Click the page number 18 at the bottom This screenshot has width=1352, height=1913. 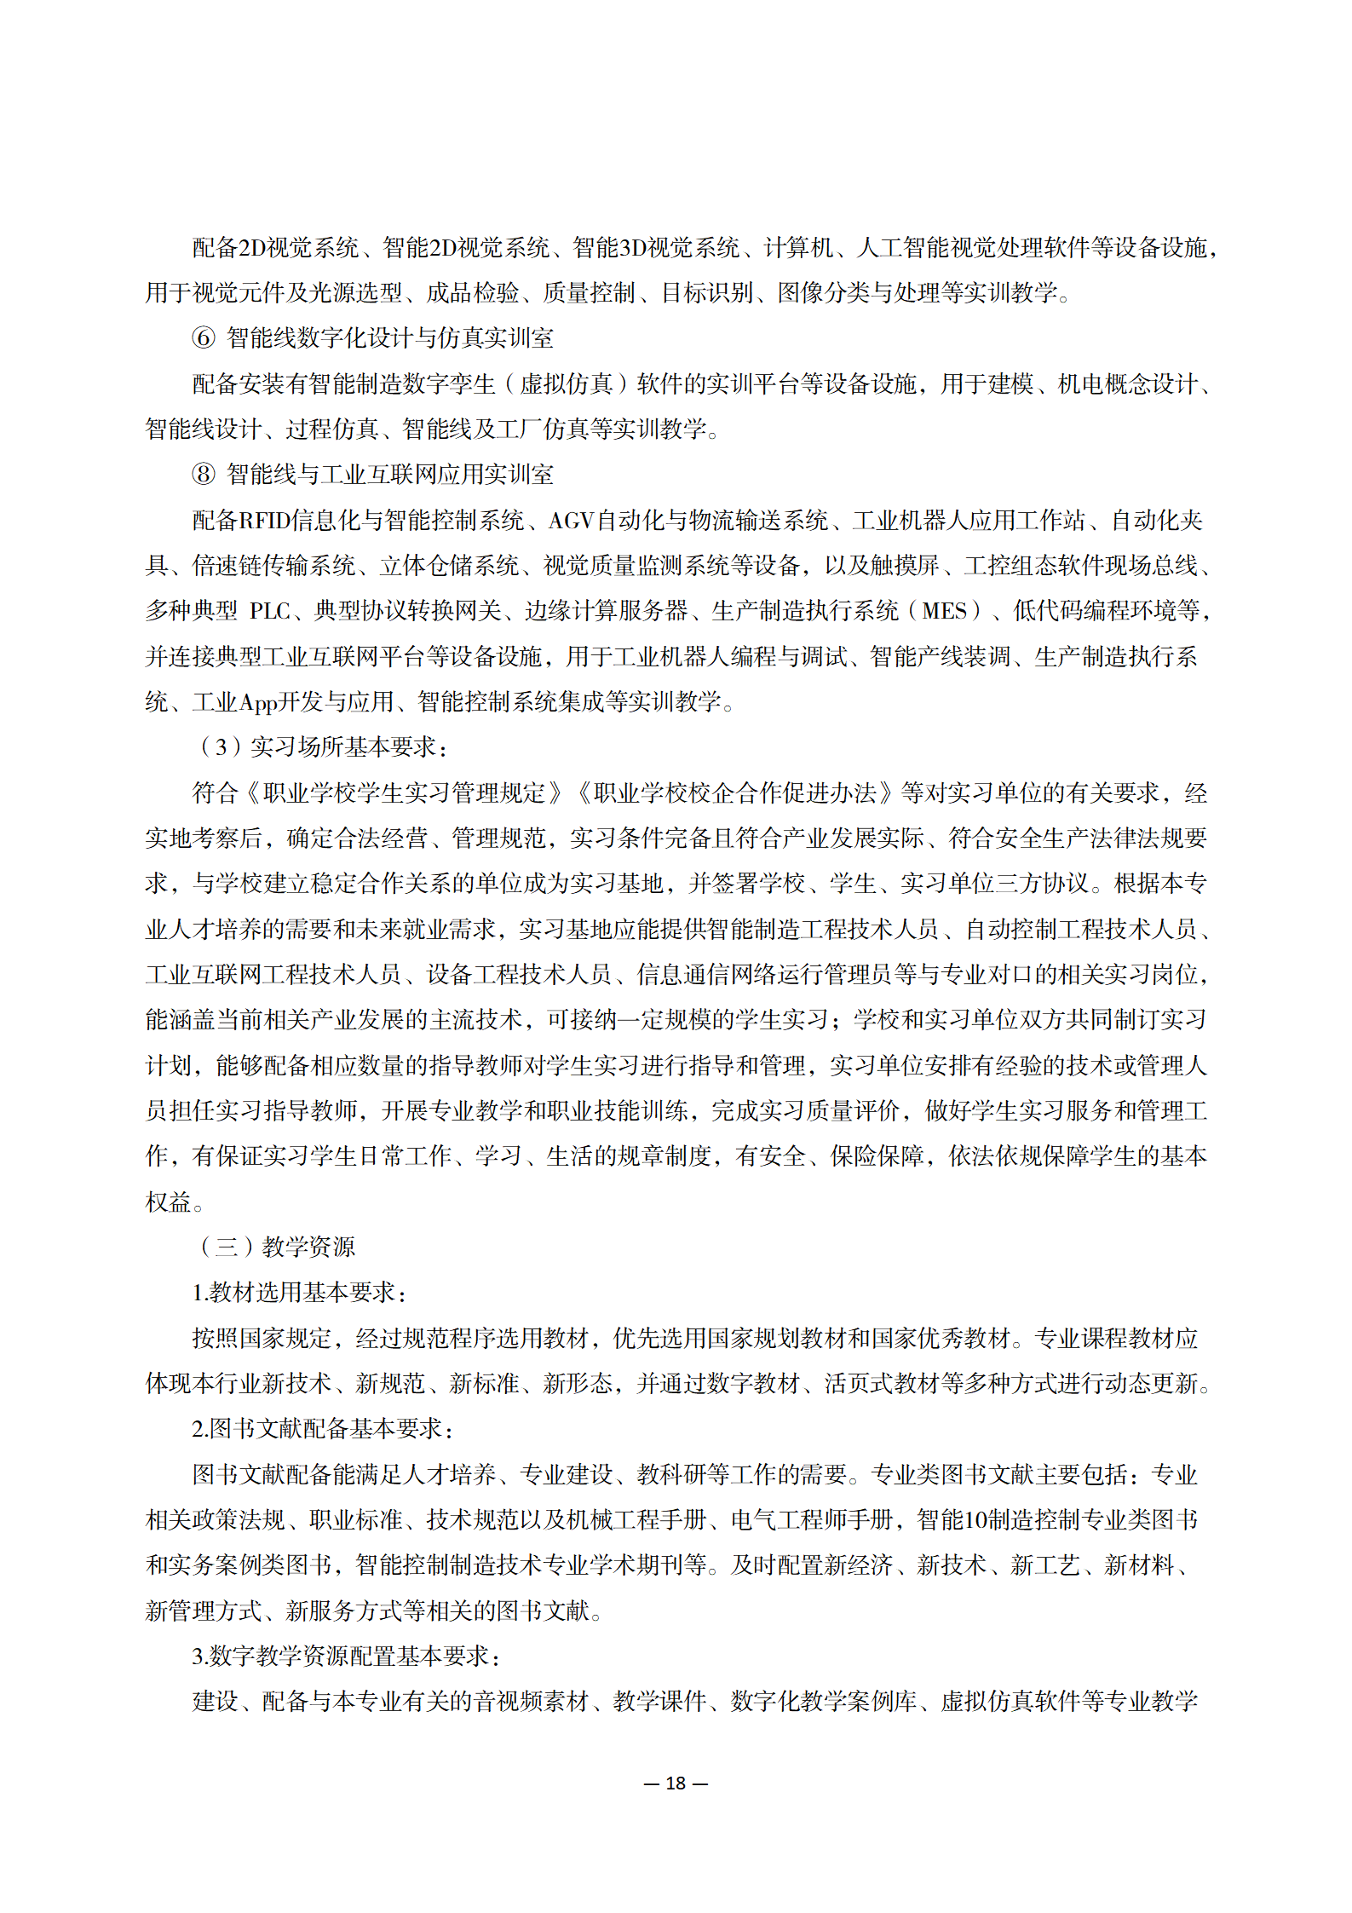click(x=676, y=1783)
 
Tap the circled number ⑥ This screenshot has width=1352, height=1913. click(x=204, y=338)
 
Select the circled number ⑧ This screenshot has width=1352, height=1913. click(x=204, y=475)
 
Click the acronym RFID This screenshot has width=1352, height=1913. click(x=264, y=521)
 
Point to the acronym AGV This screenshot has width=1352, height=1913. click(x=571, y=521)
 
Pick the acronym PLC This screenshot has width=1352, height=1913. click(x=270, y=611)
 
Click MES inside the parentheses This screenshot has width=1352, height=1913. click(x=944, y=611)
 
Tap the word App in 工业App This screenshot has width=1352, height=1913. click(x=259, y=702)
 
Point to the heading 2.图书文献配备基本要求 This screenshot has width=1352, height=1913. click(x=322, y=1429)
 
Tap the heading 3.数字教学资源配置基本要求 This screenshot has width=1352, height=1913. click(x=345, y=1656)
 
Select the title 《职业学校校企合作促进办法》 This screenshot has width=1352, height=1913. click(x=735, y=793)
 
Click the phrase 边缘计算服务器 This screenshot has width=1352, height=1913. click(x=606, y=611)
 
